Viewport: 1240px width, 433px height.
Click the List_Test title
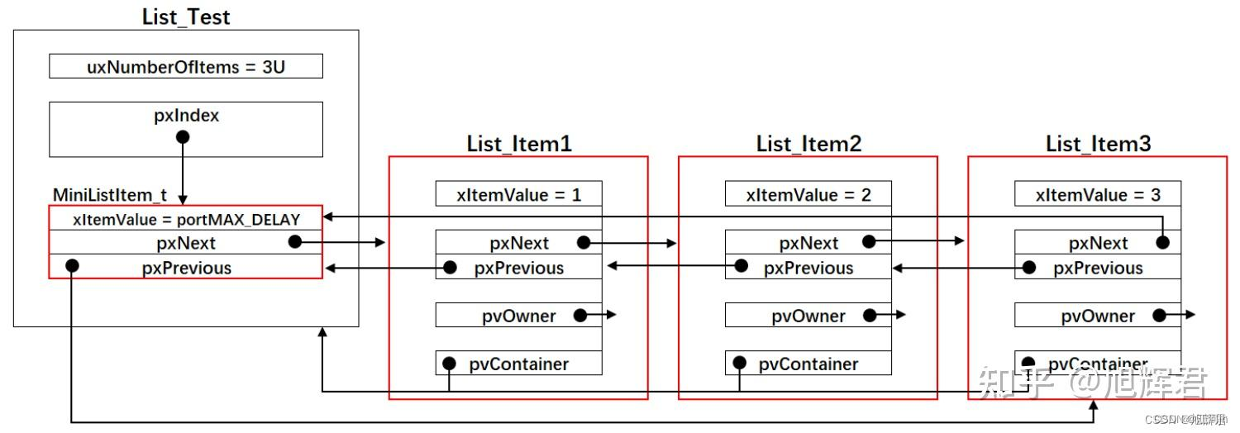point(186,17)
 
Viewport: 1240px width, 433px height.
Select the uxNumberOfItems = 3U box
point(186,67)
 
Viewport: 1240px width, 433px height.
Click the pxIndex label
point(186,116)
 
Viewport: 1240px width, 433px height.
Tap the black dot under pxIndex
point(183,136)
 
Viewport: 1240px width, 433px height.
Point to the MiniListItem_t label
point(110,196)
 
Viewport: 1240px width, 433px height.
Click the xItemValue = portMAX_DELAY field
point(186,219)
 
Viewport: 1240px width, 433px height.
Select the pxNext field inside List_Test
point(186,243)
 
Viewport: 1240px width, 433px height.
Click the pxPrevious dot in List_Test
point(72,265)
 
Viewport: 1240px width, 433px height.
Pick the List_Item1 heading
point(518,144)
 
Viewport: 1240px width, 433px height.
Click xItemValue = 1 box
point(518,195)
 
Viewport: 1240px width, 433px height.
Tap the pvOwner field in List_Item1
point(518,316)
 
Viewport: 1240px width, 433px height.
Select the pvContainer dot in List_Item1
point(449,363)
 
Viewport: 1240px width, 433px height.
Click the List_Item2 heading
point(808,144)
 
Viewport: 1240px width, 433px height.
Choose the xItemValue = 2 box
point(808,195)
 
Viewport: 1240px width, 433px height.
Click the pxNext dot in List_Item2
point(869,241)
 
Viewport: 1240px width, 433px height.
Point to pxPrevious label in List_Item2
point(808,269)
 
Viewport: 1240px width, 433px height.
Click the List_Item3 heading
point(1098,144)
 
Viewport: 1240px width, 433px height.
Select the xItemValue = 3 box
point(1098,195)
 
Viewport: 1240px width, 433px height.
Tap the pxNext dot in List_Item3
point(1163,241)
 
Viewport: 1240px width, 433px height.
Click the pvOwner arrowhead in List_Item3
point(1191,315)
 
